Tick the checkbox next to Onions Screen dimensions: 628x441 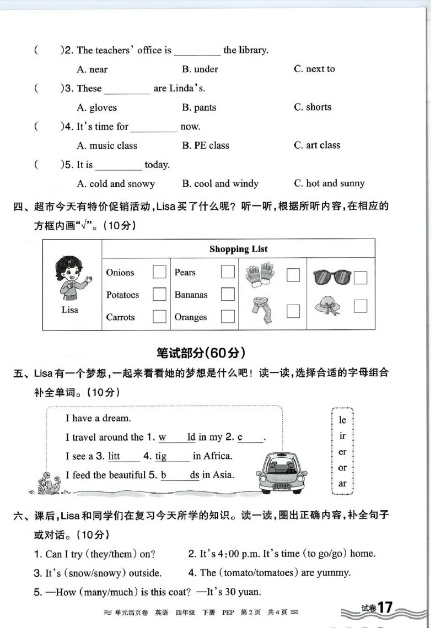159,272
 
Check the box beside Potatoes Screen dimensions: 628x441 159,295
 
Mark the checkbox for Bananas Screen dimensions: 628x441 227,295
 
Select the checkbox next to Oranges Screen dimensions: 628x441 227,317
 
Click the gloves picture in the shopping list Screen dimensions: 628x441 260,274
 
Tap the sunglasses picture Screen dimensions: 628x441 332,277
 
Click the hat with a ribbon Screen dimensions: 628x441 329,306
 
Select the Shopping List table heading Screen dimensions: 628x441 238,249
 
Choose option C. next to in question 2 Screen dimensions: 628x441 314,69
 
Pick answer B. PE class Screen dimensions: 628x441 205,145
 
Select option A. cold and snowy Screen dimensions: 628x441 116,184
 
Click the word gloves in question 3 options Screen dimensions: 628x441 103,107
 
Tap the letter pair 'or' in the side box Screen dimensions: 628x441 342,468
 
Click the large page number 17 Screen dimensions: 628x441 384,608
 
